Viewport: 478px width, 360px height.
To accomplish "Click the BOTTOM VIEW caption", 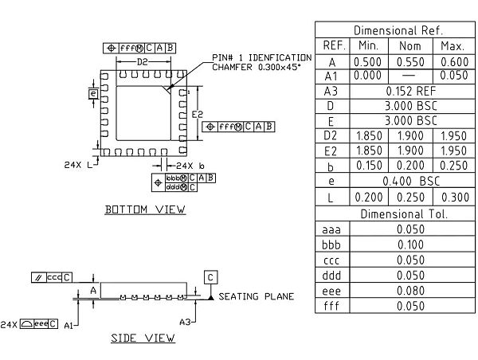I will pos(146,209).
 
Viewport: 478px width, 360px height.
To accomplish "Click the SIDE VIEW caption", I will pos(143,338).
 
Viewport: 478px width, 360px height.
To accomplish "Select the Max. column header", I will pos(451,45).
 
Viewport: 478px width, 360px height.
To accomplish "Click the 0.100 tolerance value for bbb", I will pos(410,245).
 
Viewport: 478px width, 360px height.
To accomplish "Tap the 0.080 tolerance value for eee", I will pos(410,290).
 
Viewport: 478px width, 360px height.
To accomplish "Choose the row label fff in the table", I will pos(332,305).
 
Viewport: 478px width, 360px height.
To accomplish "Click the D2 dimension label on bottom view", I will pos(143,61).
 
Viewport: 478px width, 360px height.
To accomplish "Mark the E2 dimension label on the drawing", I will pos(197,115).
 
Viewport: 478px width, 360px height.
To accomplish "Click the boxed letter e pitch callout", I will pos(94,94).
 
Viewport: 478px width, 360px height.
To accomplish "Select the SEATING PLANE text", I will pos(257,296).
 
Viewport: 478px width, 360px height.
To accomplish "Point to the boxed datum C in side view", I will pos(210,277).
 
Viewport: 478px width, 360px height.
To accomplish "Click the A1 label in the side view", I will pos(69,325).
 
